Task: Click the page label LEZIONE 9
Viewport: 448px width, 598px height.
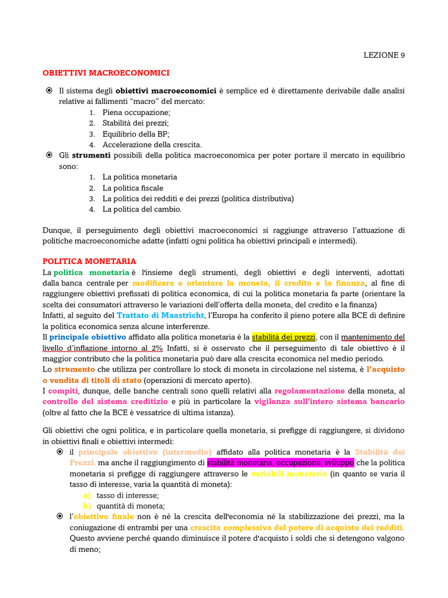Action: tap(384, 55)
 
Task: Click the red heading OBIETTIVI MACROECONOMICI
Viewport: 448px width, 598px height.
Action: tap(106, 73)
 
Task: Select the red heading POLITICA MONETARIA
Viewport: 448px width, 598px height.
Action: tap(89, 261)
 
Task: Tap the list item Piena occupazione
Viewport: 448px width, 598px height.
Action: tap(136, 112)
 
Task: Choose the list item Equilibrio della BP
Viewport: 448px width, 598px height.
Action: tap(136, 134)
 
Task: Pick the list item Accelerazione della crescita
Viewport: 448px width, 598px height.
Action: tap(152, 144)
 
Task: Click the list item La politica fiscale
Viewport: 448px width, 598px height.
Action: tap(133, 188)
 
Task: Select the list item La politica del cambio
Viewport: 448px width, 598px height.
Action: tap(142, 209)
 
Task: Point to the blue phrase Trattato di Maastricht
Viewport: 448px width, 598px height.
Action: tap(160, 315)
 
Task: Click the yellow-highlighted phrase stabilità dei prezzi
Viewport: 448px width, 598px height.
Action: tap(283, 337)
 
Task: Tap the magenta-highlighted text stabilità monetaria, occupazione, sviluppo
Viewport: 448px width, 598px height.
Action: tap(280, 463)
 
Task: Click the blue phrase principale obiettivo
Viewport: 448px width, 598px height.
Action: tap(87, 337)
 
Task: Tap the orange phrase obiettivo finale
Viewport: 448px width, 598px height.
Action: tap(103, 517)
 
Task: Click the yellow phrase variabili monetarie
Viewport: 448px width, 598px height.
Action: tap(289, 474)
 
